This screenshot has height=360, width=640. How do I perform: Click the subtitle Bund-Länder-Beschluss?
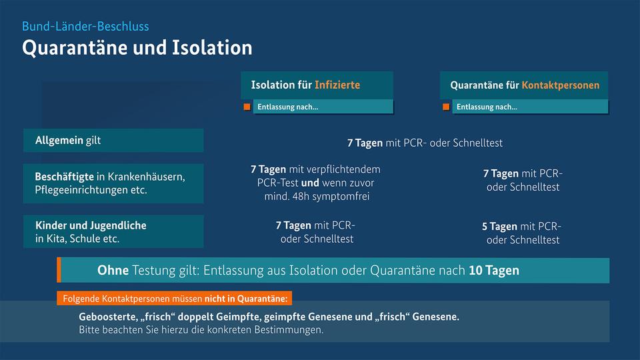[x=85, y=27]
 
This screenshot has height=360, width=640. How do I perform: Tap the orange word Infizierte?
[x=337, y=85]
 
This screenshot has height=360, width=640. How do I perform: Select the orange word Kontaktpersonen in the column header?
[x=561, y=85]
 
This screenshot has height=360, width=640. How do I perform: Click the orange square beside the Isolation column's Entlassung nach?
[x=247, y=107]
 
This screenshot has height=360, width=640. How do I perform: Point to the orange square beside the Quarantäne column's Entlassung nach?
[x=446, y=107]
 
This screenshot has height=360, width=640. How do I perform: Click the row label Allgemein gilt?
[x=68, y=141]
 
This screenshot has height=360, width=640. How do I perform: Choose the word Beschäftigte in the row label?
[x=65, y=177]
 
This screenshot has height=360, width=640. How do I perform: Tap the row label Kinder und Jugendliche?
[x=91, y=225]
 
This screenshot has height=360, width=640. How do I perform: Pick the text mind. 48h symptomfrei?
[x=317, y=196]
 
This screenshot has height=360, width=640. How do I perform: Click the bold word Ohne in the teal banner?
[x=113, y=270]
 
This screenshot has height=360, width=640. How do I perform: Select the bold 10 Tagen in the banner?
[x=494, y=270]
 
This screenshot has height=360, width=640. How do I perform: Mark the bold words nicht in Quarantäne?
[x=246, y=299]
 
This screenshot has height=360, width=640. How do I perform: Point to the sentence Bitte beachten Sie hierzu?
[x=201, y=330]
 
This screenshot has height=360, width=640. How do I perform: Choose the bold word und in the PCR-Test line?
[x=310, y=183]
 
